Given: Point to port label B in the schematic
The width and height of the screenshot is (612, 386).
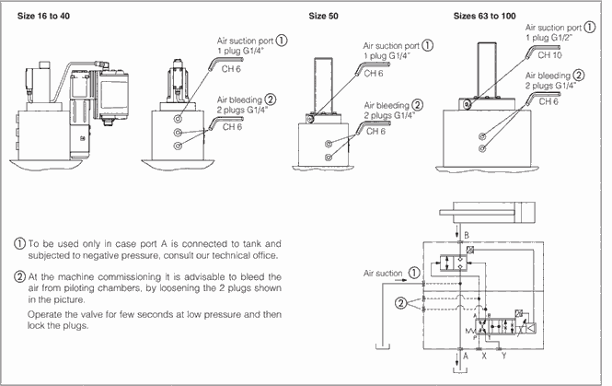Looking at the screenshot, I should point(466,235).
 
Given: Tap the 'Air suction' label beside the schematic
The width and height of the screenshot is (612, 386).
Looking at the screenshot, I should point(383,273).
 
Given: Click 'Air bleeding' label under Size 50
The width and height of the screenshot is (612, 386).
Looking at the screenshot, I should point(387,104).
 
